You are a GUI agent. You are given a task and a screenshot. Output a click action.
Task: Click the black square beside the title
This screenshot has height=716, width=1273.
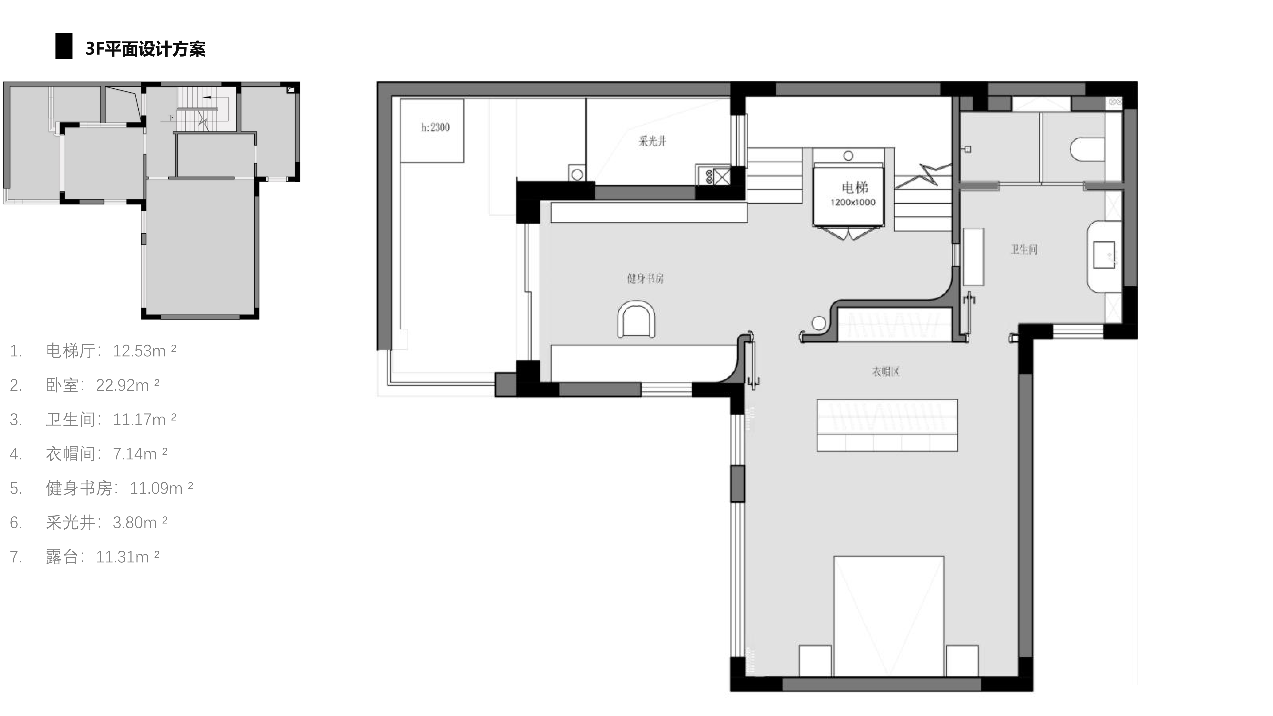click(x=64, y=46)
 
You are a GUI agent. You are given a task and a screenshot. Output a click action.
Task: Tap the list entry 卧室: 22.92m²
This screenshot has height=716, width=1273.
click(x=102, y=385)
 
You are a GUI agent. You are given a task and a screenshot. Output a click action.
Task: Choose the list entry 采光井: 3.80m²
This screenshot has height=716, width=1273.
click(x=106, y=522)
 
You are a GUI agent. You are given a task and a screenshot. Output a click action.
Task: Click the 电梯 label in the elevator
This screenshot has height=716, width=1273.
click(x=854, y=188)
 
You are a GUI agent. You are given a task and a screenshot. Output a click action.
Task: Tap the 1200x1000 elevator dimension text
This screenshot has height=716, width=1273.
click(x=852, y=202)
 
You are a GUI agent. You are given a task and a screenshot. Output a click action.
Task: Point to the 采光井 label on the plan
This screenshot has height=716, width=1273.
click(x=652, y=141)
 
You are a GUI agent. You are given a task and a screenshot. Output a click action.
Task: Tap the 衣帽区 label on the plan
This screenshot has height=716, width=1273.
click(x=886, y=371)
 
